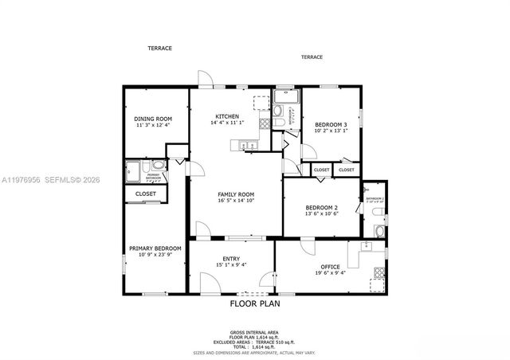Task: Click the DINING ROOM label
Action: [153, 119]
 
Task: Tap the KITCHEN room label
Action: [226, 116]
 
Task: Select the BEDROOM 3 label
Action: [331, 125]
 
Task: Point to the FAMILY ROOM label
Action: [236, 194]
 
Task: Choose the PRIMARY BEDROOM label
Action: [155, 248]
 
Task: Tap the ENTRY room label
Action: [231, 258]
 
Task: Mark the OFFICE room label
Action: [330, 267]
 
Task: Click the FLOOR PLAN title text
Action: [255, 303]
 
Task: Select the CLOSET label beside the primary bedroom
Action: [145, 194]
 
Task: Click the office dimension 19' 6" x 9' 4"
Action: [330, 273]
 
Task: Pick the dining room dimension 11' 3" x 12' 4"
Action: [153, 125]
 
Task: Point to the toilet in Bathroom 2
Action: [379, 231]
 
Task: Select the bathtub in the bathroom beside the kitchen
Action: [284, 98]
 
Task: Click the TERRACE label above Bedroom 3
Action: [312, 57]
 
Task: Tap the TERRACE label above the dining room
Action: [159, 48]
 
